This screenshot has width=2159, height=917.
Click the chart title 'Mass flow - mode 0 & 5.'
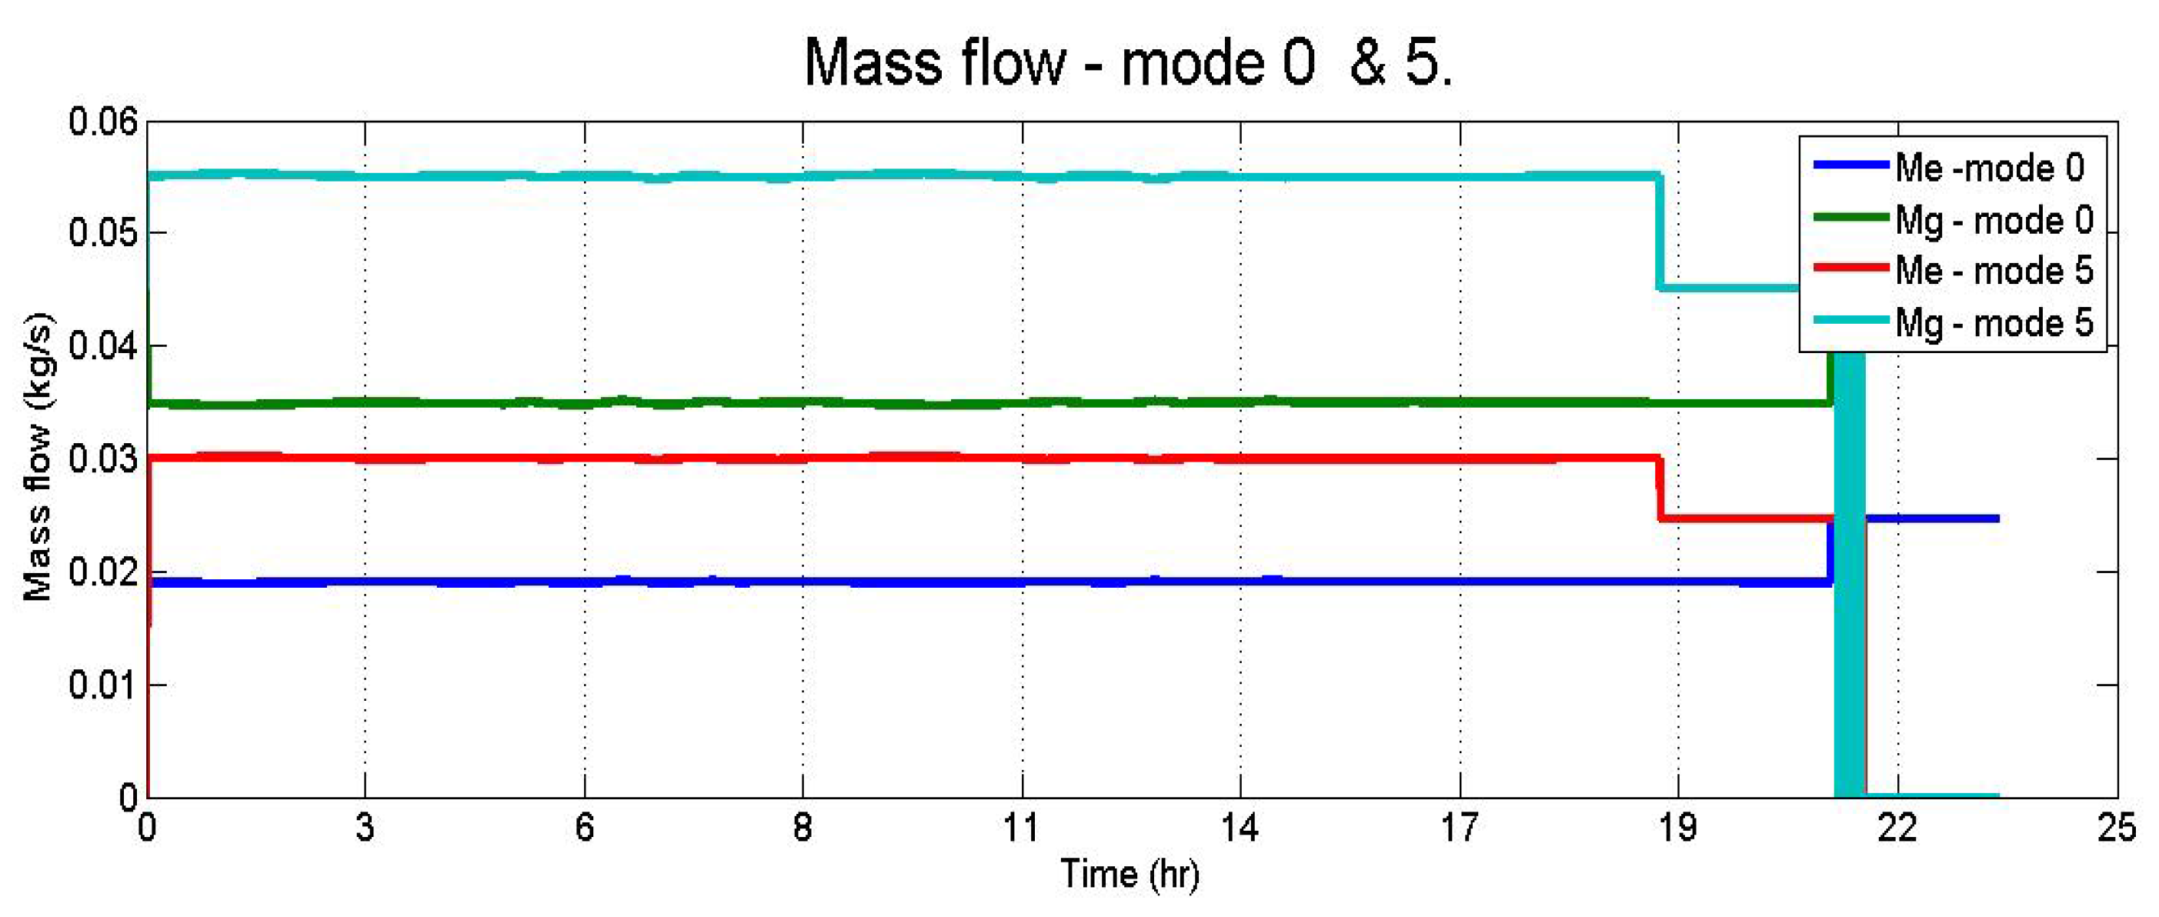click(1128, 64)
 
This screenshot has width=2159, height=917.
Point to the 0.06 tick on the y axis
click(102, 122)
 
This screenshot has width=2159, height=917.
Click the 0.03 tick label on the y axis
click(102, 459)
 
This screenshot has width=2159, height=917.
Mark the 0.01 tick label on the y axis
click(102, 685)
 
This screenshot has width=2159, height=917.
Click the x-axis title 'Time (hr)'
click(1130, 874)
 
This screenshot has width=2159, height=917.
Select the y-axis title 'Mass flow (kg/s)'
click(38, 457)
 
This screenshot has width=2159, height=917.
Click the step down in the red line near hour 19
click(1659, 489)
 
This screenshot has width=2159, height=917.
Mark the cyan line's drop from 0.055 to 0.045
click(1658, 232)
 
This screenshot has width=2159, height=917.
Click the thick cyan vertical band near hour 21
click(1849, 587)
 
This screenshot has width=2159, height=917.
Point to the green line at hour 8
click(803, 403)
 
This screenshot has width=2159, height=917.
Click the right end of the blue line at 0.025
click(1997, 519)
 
